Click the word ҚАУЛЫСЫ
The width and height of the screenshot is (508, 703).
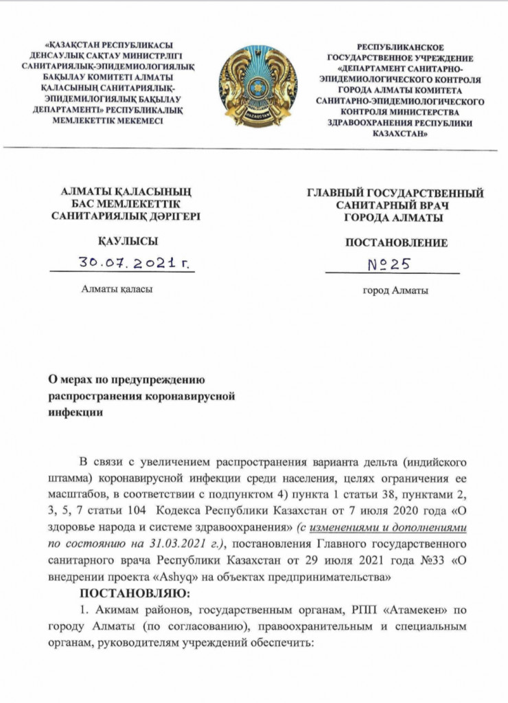click(x=128, y=240)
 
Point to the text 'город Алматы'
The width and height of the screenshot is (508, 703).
click(x=395, y=290)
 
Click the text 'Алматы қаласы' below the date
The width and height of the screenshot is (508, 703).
click(x=117, y=289)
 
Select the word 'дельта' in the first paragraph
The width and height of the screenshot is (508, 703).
click(x=379, y=461)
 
